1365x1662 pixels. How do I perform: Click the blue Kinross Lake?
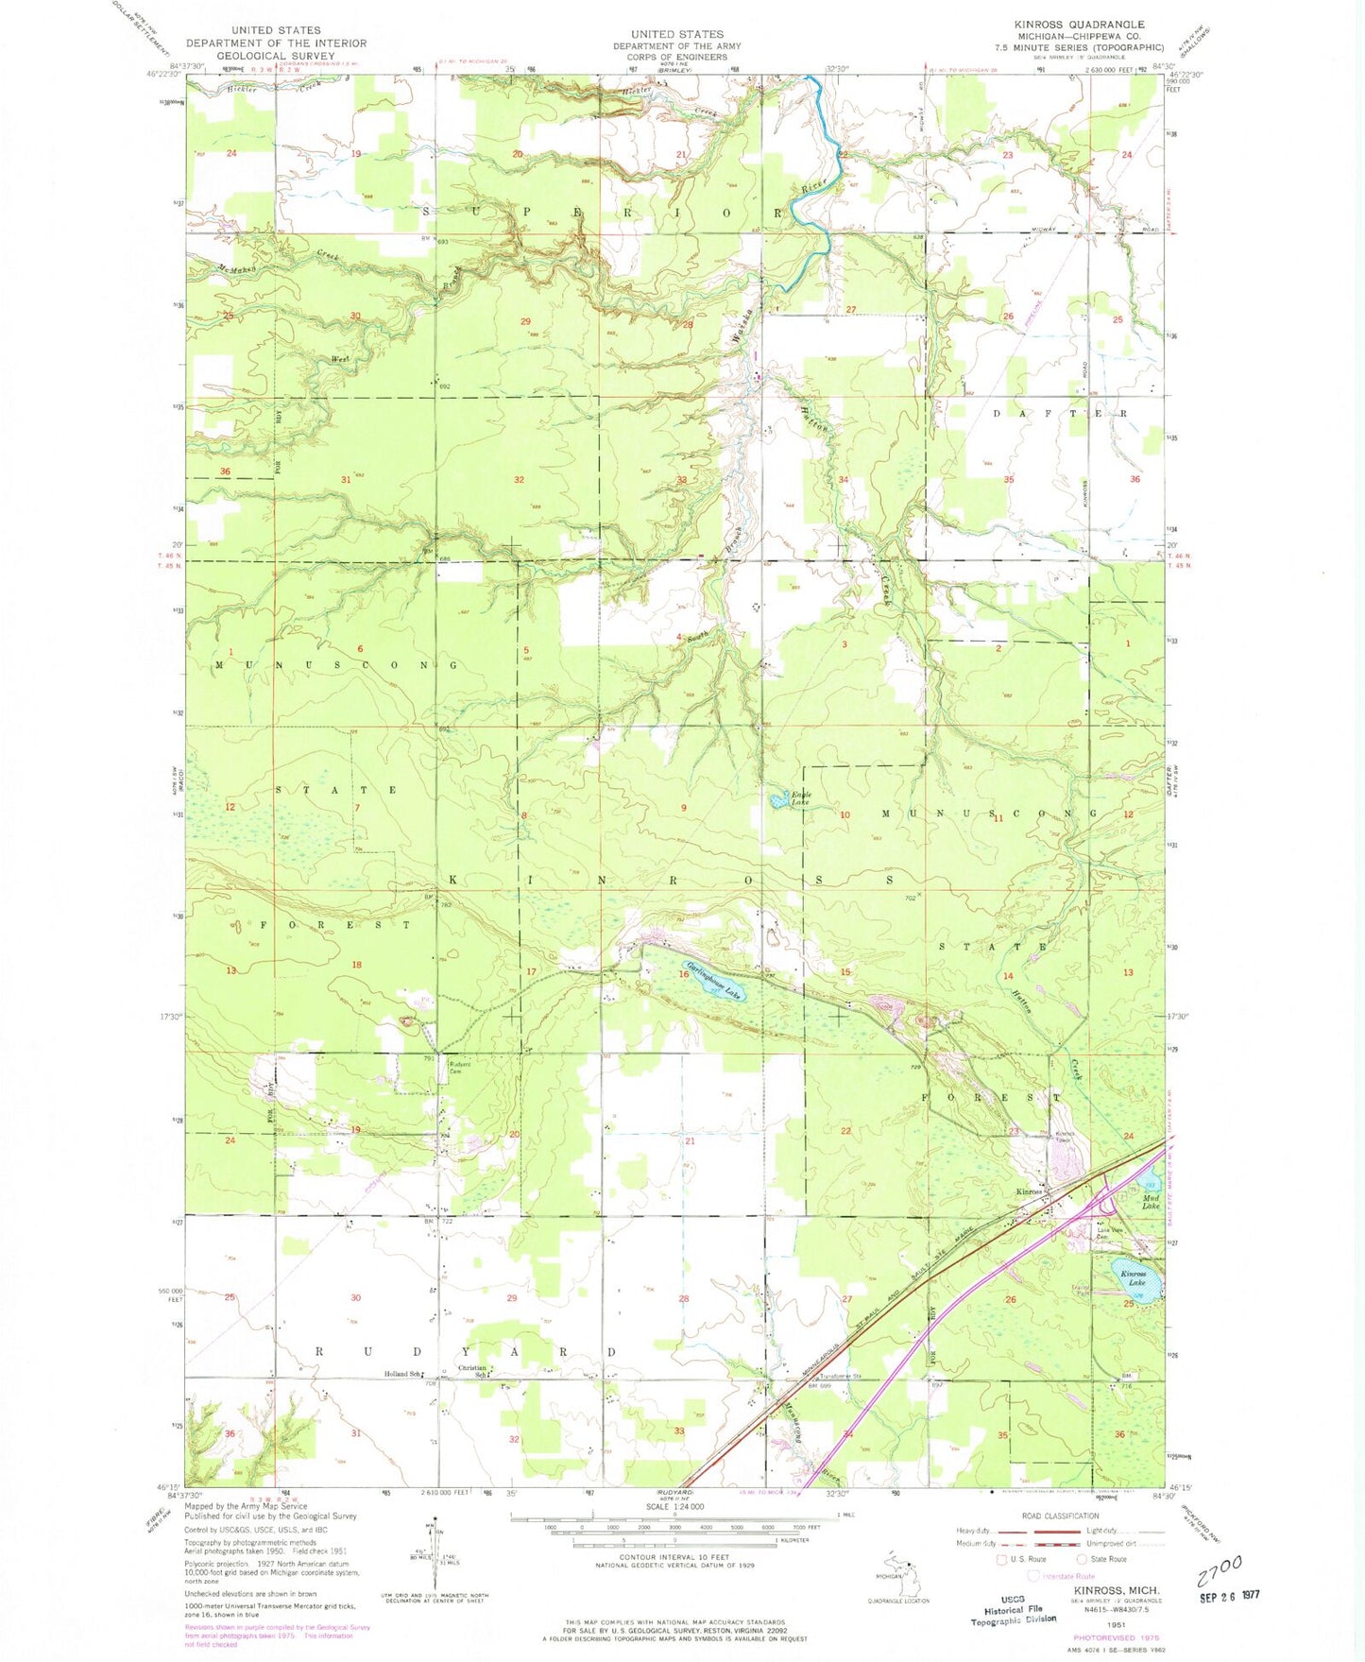tap(1133, 1275)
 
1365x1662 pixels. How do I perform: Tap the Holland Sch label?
tap(402, 1374)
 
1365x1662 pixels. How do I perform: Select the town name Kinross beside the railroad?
tap(1028, 1191)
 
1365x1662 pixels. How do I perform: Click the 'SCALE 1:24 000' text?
tap(676, 1507)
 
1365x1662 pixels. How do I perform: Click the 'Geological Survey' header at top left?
tap(276, 56)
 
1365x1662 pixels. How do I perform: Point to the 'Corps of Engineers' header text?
tap(676, 57)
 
